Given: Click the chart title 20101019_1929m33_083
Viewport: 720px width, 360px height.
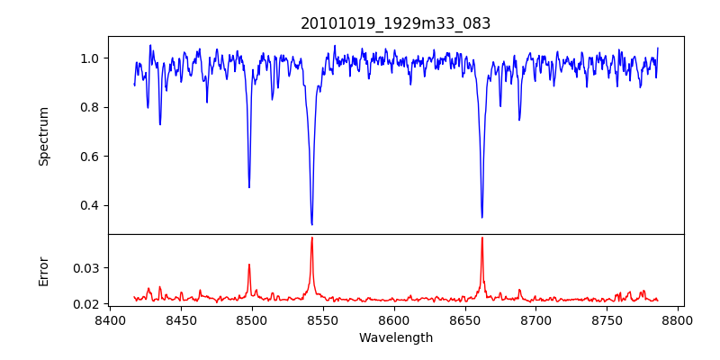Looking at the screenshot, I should coord(396,23).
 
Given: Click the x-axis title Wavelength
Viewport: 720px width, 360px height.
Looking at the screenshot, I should coord(396,337).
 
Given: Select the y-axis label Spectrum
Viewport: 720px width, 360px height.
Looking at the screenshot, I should coord(43,136).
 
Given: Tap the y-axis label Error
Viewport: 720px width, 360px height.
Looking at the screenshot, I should coord(43,270).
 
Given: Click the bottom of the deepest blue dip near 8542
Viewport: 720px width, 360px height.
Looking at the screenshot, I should coord(311,224).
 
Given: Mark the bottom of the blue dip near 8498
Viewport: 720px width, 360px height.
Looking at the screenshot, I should coord(249,187).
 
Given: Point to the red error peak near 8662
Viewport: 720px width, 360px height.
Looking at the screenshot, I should coord(481,238).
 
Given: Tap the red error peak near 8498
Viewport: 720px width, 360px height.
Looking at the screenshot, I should coord(249,265).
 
